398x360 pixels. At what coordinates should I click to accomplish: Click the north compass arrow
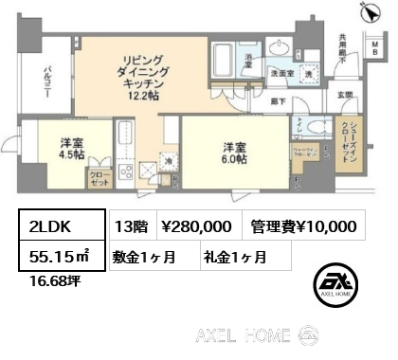[367, 11]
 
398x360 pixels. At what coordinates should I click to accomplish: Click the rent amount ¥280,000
[196, 226]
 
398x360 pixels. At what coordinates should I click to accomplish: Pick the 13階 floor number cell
[132, 226]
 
